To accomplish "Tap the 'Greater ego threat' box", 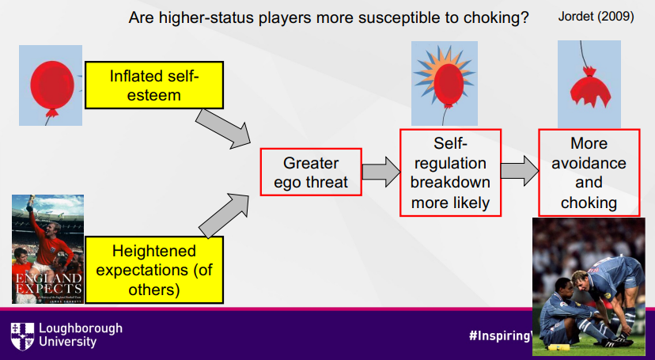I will click(311, 172).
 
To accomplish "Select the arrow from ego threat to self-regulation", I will click(381, 172).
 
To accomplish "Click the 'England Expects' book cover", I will click(47, 248).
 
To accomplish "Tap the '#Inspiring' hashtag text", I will click(498, 335).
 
